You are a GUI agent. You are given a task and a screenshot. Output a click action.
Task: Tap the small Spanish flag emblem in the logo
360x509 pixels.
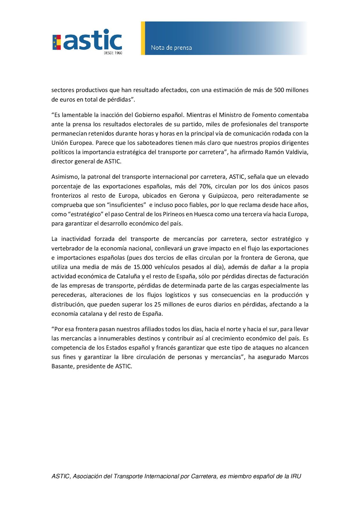56,42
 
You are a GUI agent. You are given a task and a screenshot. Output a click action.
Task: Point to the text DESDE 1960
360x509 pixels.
113,53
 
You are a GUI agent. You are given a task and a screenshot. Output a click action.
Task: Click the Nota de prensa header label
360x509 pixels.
171,48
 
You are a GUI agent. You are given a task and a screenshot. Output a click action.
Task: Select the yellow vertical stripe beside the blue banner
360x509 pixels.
143,38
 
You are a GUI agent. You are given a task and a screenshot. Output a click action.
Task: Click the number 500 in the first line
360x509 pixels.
279,90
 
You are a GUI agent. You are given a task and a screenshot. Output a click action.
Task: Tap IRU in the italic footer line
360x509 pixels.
296,476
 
